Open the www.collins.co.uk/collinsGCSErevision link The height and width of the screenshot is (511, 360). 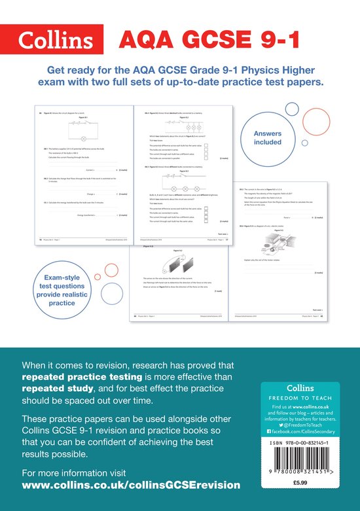tap(131, 485)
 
